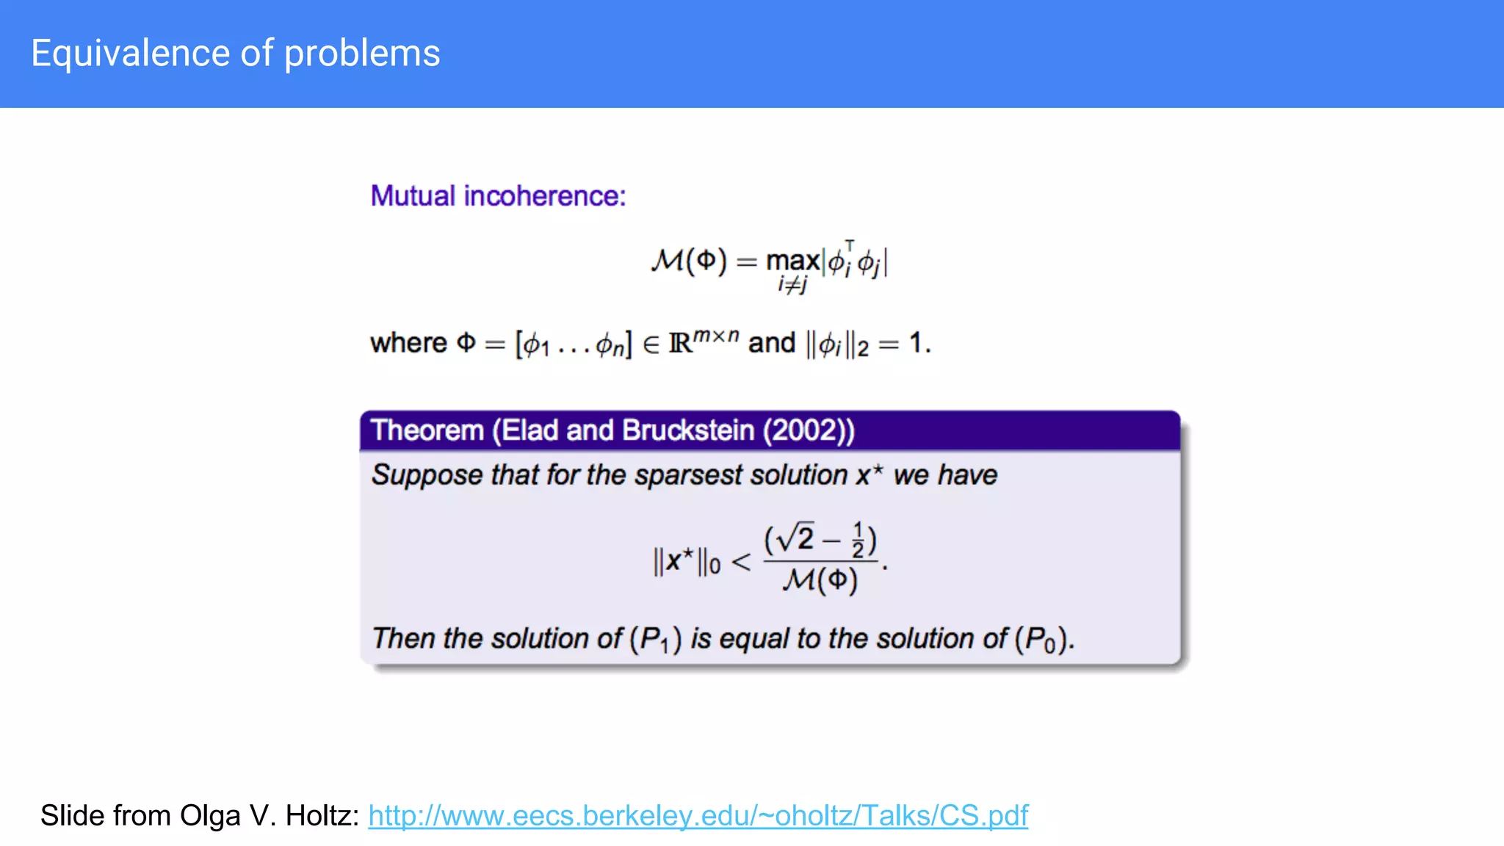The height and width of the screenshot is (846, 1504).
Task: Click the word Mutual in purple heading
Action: [413, 196]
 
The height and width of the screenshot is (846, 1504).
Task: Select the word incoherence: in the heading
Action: [544, 196]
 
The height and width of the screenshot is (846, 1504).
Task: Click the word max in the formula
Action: [792, 261]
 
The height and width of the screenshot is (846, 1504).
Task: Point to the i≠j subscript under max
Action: [792, 285]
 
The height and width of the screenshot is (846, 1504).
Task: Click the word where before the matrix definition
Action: [408, 343]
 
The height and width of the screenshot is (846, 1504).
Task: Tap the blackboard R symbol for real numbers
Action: [680, 344]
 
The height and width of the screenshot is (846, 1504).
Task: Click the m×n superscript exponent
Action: [716, 336]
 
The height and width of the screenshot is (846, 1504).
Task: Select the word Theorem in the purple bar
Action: [427, 430]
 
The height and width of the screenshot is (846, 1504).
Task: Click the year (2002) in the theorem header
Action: [809, 430]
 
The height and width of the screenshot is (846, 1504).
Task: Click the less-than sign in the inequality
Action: [741, 563]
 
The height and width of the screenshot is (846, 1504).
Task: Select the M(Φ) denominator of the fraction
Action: [820, 581]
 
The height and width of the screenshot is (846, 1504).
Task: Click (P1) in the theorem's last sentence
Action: [655, 639]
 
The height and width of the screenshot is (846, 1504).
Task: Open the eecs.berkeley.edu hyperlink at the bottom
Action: [698, 815]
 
